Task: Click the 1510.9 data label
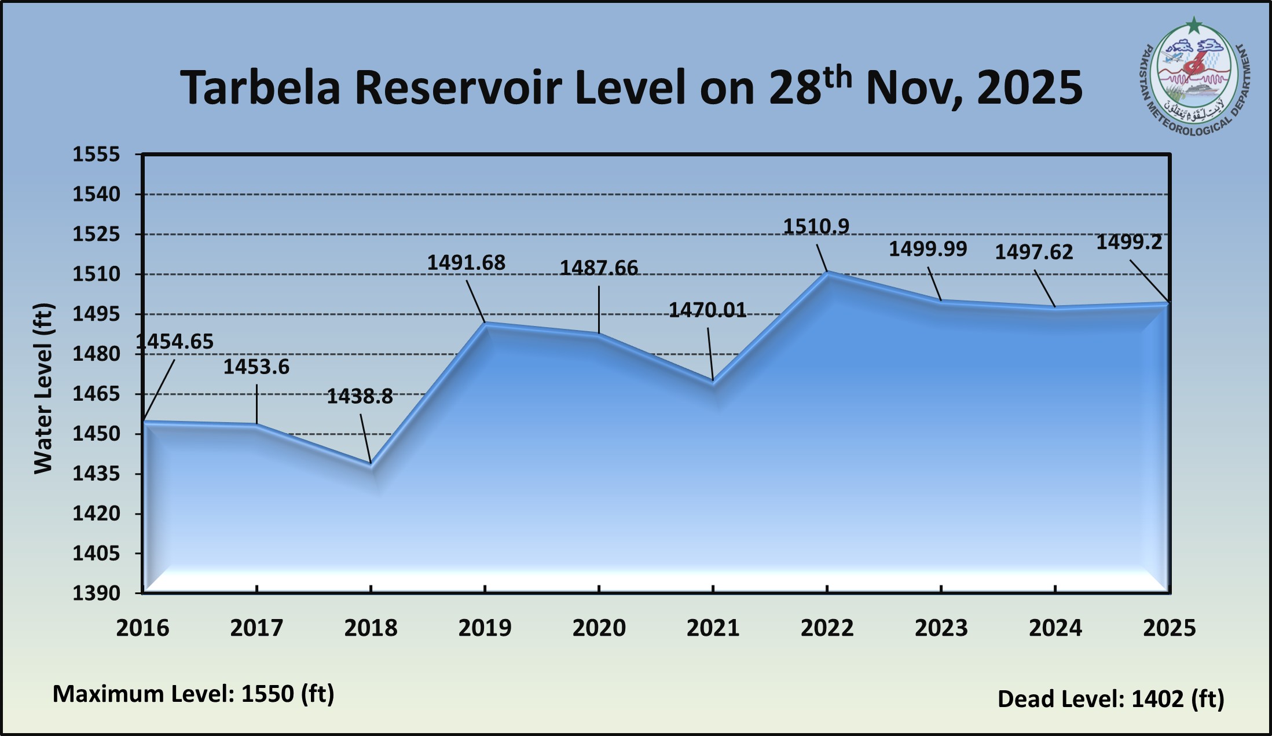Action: (816, 226)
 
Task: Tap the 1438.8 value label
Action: (360, 397)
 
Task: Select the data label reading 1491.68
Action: (466, 263)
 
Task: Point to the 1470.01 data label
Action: (708, 310)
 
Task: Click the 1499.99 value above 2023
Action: (928, 249)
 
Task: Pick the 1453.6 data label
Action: (256, 367)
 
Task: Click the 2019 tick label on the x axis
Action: (485, 628)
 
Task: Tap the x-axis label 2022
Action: (827, 628)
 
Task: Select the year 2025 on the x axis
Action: (1169, 628)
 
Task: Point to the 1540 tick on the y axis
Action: (96, 195)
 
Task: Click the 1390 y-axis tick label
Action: (96, 593)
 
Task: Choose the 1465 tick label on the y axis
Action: (96, 394)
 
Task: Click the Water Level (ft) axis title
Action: (43, 388)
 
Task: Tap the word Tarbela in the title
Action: (260, 88)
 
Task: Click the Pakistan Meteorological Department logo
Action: (1194, 81)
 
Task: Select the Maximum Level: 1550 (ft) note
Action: (193, 694)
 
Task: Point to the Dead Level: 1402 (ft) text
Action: (1110, 699)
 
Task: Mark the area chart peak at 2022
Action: (827, 272)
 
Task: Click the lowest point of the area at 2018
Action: (371, 464)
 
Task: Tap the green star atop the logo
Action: (1193, 25)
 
